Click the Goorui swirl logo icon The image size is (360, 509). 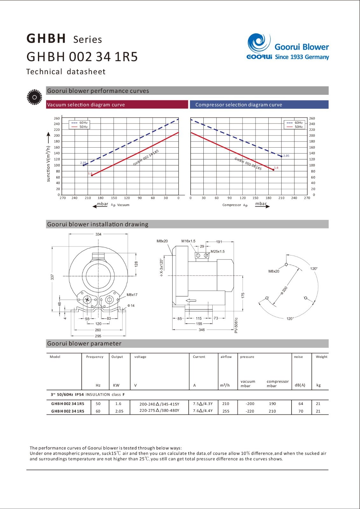259,43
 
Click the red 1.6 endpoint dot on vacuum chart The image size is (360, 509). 92,175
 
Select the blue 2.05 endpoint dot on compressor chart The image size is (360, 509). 281,156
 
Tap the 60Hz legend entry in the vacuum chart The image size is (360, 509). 79,123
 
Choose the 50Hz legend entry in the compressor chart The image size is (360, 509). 294,127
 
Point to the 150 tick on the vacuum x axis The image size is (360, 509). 114,198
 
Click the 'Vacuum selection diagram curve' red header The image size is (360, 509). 117,105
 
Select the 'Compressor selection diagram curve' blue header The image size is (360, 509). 259,105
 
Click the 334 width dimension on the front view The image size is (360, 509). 98,234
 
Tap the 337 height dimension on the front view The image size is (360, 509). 52,277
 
